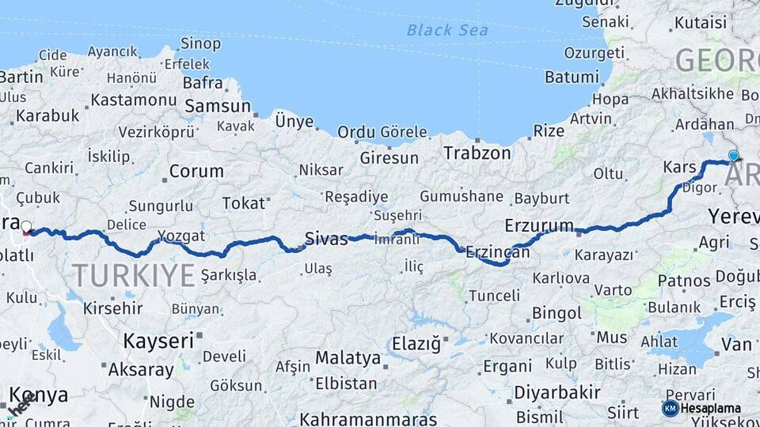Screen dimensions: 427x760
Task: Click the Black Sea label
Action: pos(447,31)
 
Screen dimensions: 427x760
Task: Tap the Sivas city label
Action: pos(326,238)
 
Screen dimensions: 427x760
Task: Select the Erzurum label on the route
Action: pos(538,225)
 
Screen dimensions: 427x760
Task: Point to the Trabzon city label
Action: pos(477,153)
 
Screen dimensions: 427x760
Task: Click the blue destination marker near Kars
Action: pos(734,157)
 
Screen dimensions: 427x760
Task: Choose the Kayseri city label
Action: pos(158,341)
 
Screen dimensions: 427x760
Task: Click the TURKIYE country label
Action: pos(133,275)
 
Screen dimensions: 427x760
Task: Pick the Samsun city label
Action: pos(217,106)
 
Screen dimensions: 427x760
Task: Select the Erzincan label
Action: pos(497,252)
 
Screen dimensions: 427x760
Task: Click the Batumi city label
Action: pos(572,77)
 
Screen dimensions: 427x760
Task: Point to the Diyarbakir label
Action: pos(557,392)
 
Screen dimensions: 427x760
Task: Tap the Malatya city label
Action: pos(348,357)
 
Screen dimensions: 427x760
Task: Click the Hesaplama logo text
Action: pos(711,408)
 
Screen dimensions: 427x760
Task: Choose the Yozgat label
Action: pos(181,236)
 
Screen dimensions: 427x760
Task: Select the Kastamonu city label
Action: pos(133,100)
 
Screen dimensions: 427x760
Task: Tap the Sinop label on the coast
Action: pos(200,43)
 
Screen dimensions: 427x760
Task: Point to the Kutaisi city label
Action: pos(700,22)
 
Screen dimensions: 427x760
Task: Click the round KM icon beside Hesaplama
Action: pos(670,408)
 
